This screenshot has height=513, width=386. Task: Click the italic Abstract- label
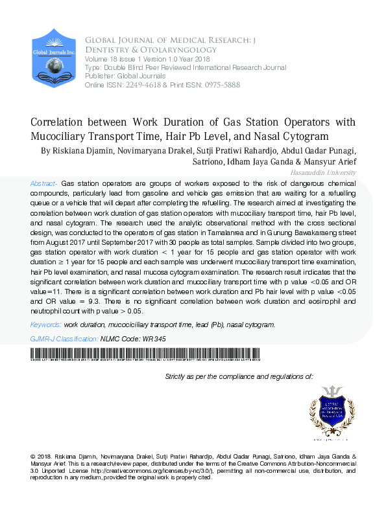[44, 184]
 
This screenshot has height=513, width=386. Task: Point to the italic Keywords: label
[45, 325]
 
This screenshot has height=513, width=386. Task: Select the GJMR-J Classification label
[64, 339]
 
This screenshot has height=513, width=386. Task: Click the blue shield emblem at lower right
[332, 410]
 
